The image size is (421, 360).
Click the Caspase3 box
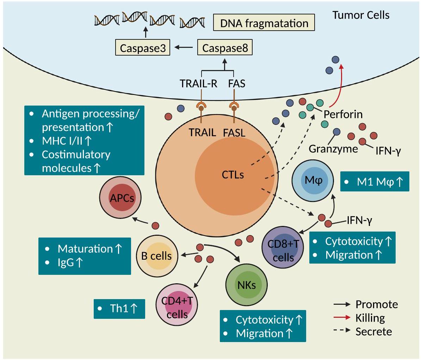(x=143, y=48)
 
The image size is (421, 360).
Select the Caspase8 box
(x=225, y=48)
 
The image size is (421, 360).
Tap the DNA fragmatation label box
(x=264, y=24)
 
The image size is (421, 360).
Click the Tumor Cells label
(x=361, y=15)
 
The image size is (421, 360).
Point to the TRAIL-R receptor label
(x=198, y=84)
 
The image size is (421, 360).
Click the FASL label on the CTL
(x=234, y=133)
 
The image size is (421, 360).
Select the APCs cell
(x=120, y=198)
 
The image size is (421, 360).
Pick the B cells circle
(x=157, y=256)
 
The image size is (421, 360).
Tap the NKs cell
(x=246, y=285)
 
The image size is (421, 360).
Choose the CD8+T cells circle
(x=283, y=250)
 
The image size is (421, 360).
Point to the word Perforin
(x=343, y=114)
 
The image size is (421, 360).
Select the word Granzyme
(x=333, y=149)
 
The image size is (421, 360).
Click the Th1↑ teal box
(x=119, y=309)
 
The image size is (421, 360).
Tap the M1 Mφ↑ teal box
(x=375, y=182)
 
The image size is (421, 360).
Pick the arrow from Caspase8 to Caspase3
(x=184, y=48)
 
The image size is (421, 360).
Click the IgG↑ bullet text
(x=70, y=262)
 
